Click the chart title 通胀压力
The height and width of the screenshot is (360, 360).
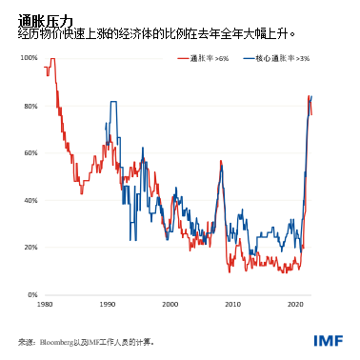pos(46,20)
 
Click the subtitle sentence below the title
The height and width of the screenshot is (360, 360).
pos(157,33)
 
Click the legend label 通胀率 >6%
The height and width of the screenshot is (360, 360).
pos(208,59)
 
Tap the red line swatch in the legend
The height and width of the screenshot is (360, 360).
pos(183,59)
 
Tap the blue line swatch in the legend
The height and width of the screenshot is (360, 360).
pos(249,59)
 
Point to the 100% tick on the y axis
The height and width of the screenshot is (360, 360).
pos(28,59)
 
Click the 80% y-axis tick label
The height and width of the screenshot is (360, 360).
pos(30,106)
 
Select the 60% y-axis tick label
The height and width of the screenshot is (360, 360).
pos(30,153)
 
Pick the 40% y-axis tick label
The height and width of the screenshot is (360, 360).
pos(30,200)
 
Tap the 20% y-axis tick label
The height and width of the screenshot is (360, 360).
pos(30,248)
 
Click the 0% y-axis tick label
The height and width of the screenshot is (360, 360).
pos(31,295)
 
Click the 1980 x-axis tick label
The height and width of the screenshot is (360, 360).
pos(45,306)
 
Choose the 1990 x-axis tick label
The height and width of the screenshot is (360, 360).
pos(108,306)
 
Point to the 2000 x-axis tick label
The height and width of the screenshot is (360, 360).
pos(170,306)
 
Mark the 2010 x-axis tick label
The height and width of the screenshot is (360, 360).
pos(232,306)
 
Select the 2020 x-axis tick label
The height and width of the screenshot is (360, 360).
pos(295,306)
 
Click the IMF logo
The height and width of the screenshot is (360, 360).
pos(327,341)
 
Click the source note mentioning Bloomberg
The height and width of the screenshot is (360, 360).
pos(86,341)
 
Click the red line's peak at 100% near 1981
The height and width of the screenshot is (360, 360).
pos(52,60)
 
